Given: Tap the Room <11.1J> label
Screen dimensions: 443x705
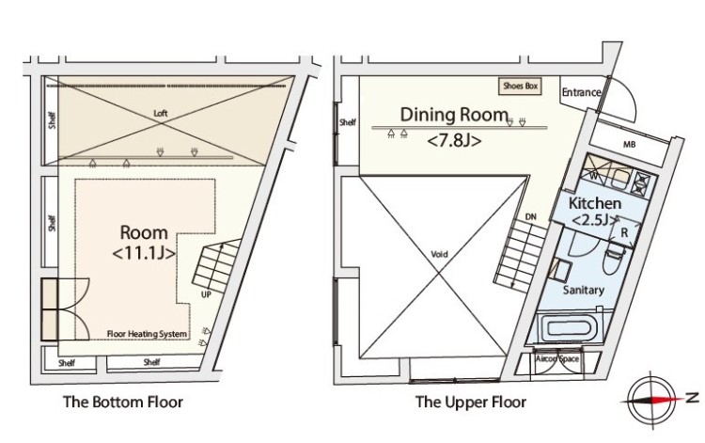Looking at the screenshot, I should tap(144, 242).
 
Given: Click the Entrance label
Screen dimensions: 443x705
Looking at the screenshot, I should tap(580, 92).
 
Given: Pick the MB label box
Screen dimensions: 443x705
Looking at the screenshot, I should tap(628, 144).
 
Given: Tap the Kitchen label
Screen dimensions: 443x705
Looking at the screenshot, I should tap(593, 203).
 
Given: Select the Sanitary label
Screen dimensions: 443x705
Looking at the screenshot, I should tap(583, 292).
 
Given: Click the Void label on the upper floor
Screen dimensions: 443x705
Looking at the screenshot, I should tap(439, 254).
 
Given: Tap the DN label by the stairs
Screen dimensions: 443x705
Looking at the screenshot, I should tap(530, 216).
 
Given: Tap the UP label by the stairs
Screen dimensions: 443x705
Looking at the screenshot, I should tap(205, 294).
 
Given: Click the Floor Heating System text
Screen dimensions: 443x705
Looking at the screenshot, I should tap(147, 334).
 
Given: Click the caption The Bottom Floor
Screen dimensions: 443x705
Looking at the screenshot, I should tap(122, 403).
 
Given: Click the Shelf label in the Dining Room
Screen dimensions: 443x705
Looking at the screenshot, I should tap(348, 122).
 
